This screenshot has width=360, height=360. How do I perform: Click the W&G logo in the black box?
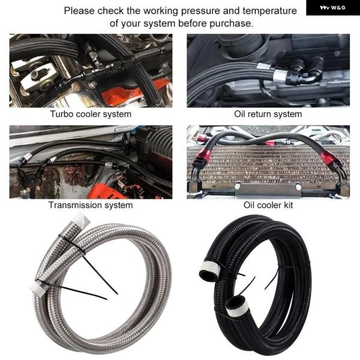[x=332, y=8]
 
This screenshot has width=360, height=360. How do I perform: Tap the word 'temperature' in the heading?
[x=269, y=11]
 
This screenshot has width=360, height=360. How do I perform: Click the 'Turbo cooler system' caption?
[x=91, y=114]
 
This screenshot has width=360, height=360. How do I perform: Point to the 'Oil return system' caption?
[x=268, y=114]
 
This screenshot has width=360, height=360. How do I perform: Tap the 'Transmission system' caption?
[x=91, y=205]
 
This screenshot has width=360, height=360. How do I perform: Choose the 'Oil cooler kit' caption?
[x=268, y=205]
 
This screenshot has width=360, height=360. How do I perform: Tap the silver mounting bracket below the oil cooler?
[x=268, y=190]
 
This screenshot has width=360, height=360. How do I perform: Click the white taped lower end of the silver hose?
[x=38, y=287]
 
